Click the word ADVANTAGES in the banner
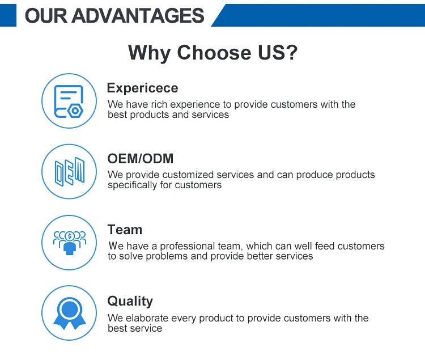click(138, 16)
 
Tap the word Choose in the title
click(214, 52)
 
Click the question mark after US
click(292, 52)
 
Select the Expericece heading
click(143, 88)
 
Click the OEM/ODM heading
click(141, 159)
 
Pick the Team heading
click(125, 230)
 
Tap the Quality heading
click(130, 302)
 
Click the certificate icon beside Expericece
click(69, 101)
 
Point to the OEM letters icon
click(70, 172)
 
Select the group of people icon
click(70, 243)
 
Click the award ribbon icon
click(70, 314)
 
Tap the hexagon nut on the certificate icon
click(75, 111)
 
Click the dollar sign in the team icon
click(70, 236)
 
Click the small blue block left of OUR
click(8, 15)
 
